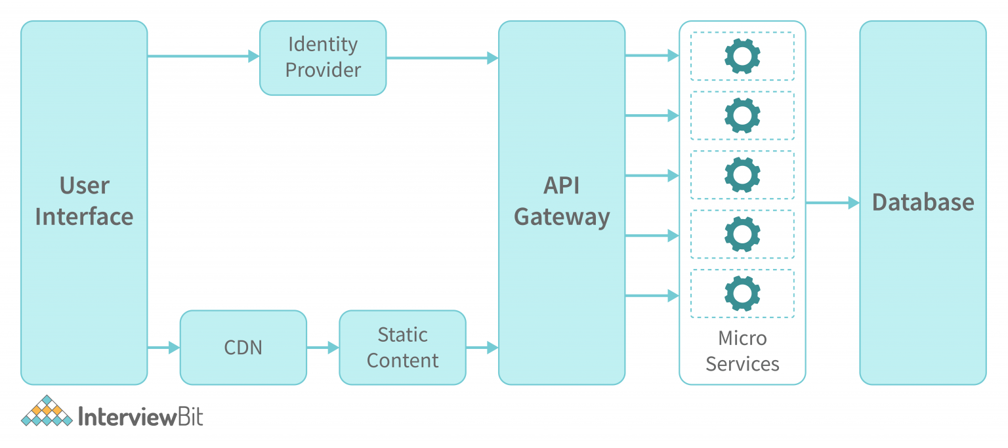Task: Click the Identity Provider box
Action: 323,58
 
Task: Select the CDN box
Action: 243,347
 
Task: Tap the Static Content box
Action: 402,347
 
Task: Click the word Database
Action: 923,202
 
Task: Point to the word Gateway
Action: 562,216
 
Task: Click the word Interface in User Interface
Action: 84,216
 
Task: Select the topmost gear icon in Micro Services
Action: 742,56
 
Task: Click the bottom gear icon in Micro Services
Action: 742,294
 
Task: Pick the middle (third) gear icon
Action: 742,175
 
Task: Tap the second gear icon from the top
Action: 742,115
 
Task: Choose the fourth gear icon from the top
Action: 742,234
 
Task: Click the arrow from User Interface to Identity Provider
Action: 203,56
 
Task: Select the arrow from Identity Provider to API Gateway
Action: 442,58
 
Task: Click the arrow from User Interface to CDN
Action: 163,348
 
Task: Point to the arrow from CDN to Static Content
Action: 322,348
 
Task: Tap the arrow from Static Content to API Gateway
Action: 482,348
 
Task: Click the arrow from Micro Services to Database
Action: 832,203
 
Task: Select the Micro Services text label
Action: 742,351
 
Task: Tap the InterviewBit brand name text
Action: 140,417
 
